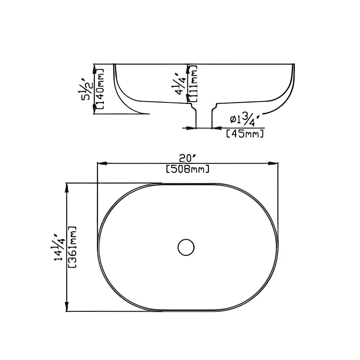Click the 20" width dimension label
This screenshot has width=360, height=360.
click(187, 158)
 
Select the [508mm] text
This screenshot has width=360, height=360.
click(187, 170)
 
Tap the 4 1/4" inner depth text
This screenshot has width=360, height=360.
click(181, 83)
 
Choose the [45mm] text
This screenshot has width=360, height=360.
click(245, 134)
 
